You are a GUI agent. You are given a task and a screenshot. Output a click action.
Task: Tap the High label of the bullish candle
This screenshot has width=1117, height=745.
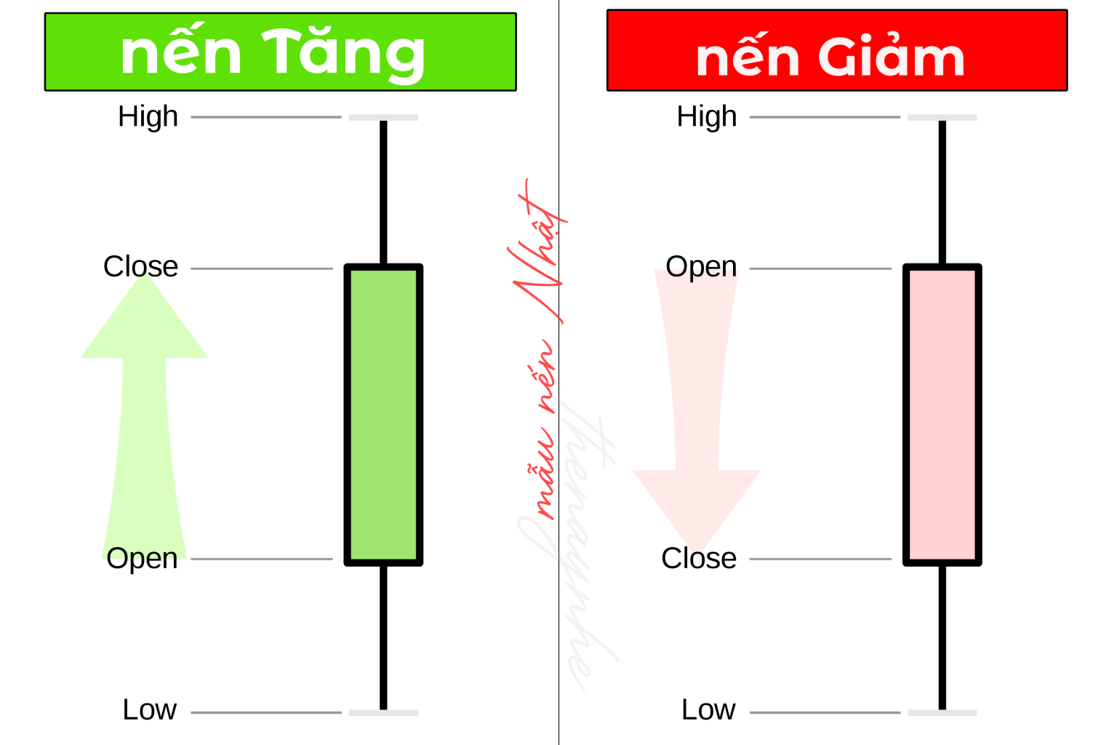point(148,116)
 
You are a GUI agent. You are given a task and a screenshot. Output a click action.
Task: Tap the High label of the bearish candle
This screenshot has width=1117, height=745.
point(706,116)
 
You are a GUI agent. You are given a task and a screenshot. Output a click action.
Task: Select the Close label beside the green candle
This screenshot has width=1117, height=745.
point(140,266)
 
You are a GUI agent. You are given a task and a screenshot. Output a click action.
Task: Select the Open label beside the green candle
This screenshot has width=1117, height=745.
point(142,559)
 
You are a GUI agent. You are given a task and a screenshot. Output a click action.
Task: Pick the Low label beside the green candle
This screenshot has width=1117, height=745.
point(149,709)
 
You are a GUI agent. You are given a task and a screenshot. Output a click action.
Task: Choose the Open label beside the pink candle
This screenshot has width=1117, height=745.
point(701,266)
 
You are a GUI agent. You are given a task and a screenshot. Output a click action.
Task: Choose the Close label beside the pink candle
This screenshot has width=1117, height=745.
point(698,559)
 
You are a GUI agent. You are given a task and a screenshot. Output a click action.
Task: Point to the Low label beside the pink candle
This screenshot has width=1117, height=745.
point(708,709)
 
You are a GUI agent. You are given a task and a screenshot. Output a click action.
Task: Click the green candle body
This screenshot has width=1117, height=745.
point(383,415)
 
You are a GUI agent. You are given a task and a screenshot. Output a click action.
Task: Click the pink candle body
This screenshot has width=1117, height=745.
point(942,415)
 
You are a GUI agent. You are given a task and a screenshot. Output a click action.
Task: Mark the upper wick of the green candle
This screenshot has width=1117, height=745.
point(383,193)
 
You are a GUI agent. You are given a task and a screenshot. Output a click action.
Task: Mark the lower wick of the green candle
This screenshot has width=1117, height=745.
point(383,637)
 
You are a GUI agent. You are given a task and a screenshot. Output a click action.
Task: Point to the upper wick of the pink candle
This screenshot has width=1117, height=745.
point(942,193)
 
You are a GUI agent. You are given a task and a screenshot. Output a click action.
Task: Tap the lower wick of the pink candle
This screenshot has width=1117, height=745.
point(942,637)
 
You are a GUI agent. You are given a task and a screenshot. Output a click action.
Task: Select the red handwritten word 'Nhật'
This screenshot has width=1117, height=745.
point(538,251)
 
